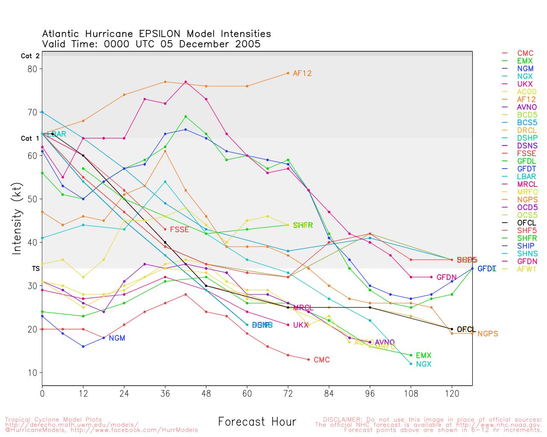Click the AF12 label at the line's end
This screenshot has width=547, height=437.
point(302,73)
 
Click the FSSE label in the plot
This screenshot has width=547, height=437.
point(179,230)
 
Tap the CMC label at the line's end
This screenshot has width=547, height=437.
point(322,360)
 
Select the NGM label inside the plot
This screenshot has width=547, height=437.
point(117,338)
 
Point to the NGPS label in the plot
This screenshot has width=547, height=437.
point(488,334)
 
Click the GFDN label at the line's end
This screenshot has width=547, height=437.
point(447,277)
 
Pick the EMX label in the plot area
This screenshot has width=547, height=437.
point(423,355)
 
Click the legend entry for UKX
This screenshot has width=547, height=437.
point(525,84)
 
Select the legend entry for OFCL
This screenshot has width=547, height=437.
point(526,223)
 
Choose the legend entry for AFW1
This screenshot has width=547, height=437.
point(526,269)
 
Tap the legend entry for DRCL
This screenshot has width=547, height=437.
point(526,130)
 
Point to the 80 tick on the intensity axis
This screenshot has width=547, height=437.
point(32,69)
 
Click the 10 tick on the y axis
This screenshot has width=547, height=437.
point(32,373)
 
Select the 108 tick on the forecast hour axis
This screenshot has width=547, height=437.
point(411,393)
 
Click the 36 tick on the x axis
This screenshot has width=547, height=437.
point(165,393)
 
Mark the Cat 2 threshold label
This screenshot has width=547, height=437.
point(30,56)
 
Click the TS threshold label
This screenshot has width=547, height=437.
point(35,269)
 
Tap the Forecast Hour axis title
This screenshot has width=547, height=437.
point(257,422)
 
